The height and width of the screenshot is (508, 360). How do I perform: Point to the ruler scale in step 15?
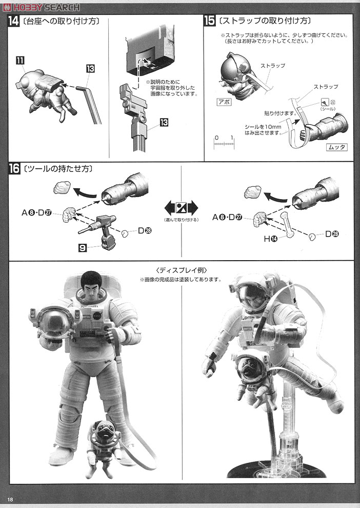point(225,143)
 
